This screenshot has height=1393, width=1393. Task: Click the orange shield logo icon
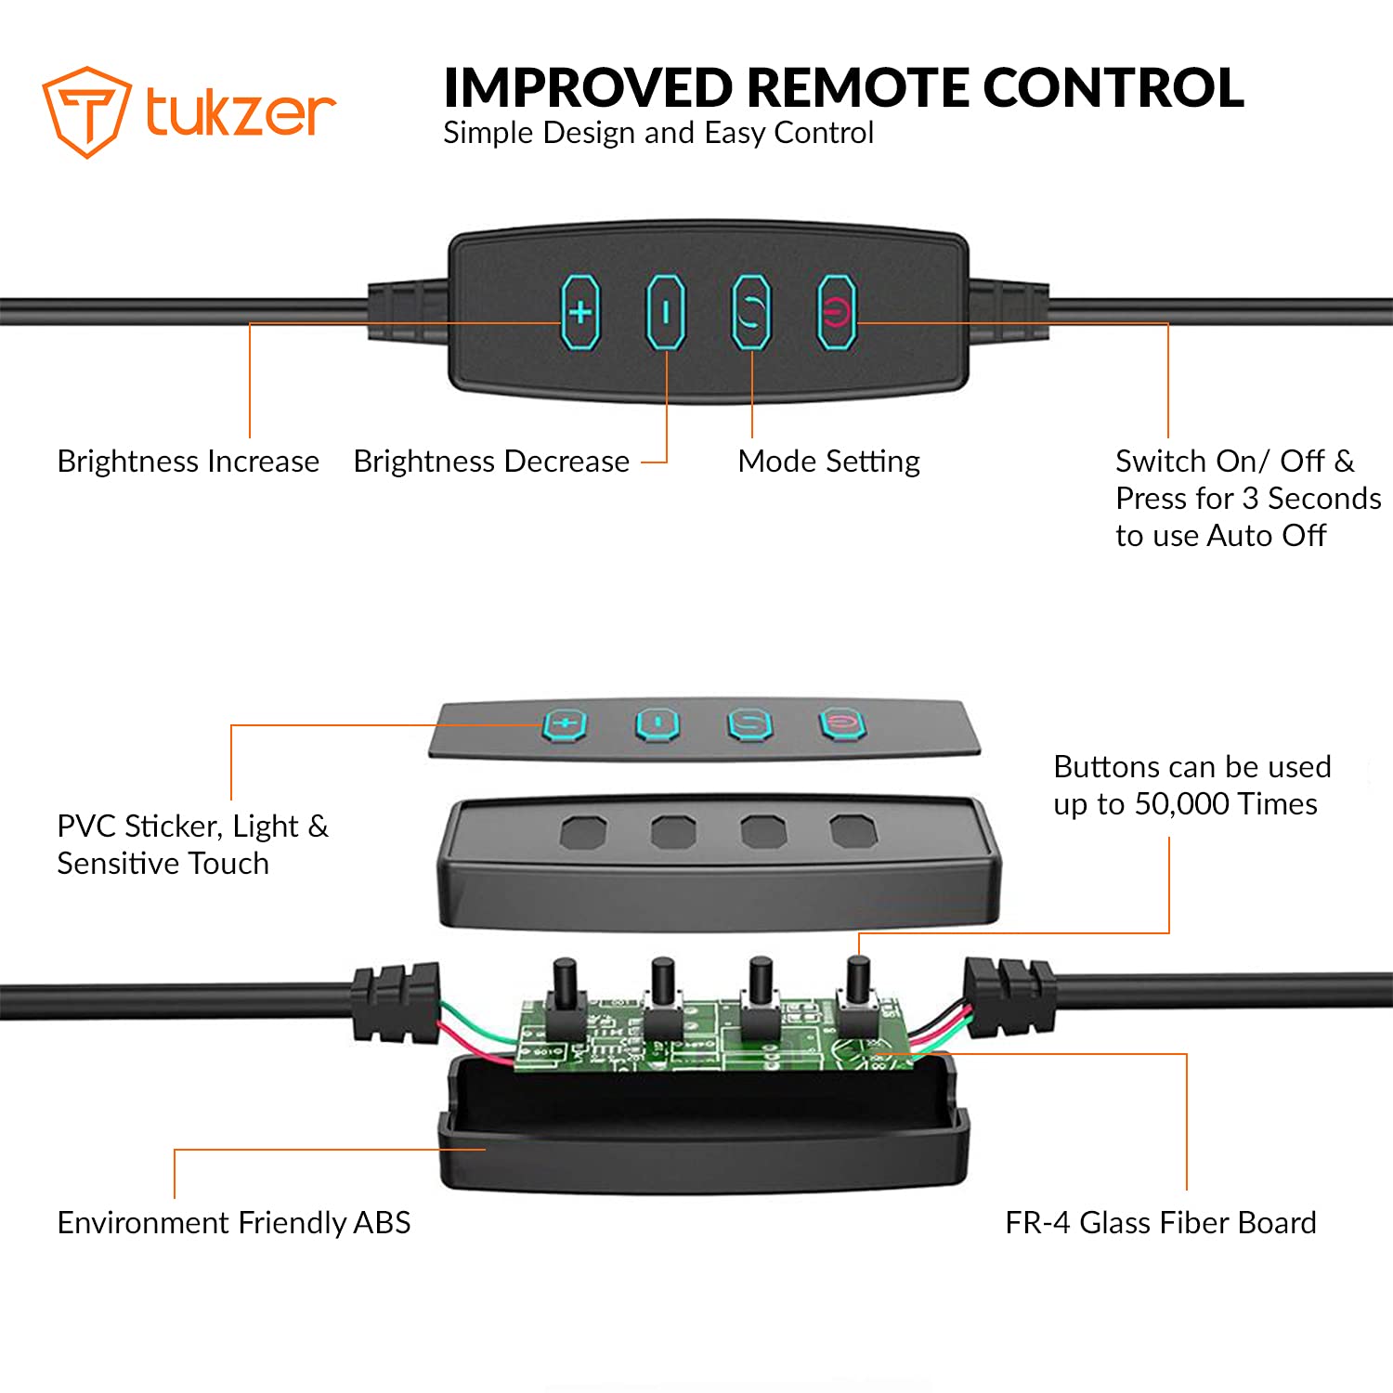point(85,111)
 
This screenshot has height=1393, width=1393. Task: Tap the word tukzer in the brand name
point(241,112)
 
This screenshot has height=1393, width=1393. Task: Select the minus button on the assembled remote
point(666,312)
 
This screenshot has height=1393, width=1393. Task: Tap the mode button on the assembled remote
point(751,312)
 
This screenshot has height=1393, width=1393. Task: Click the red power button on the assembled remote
point(837,312)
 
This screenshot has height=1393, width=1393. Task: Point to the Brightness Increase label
point(189,462)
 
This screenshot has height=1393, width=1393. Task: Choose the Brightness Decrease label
point(491,462)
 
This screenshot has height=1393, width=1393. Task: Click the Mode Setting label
point(829,462)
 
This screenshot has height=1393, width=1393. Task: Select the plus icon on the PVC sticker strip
point(565,724)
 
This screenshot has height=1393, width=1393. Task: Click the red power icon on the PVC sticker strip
point(842,723)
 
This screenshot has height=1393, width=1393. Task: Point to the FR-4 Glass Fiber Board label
point(1161,1223)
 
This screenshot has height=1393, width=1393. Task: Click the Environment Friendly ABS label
point(234,1223)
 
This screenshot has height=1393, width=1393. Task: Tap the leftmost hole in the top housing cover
point(583,831)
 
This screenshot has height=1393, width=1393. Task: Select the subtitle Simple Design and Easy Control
point(658,134)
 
